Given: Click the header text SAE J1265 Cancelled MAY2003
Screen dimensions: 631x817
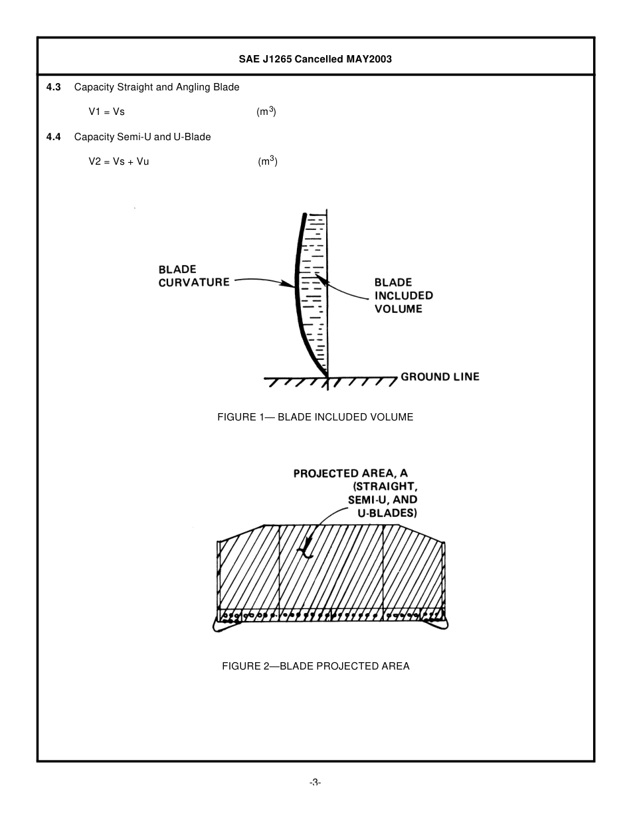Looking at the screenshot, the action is pyautogui.click(x=315, y=59).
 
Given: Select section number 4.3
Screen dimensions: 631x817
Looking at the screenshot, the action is pyautogui.click(x=54, y=87).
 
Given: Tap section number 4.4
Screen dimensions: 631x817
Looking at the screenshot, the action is pyautogui.click(x=54, y=137).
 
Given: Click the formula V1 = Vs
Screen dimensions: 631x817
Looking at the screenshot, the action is pyautogui.click(x=107, y=112).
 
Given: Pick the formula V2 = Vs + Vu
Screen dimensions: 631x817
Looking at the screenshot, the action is pyautogui.click(x=119, y=161).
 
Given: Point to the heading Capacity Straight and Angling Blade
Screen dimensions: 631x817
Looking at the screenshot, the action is pyautogui.click(x=157, y=87).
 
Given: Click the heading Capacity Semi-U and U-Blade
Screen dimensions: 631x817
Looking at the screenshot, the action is pyautogui.click(x=142, y=137).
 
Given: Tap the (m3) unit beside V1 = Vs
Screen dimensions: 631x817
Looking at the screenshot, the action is pyautogui.click(x=266, y=112).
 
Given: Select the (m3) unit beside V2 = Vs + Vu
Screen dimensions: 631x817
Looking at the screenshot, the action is pyautogui.click(x=268, y=161).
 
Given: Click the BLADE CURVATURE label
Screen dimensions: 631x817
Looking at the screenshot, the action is pyautogui.click(x=194, y=276).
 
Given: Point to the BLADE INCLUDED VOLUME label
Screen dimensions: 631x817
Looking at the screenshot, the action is pyautogui.click(x=403, y=296).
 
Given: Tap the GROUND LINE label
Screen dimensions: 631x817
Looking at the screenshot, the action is pyautogui.click(x=440, y=377).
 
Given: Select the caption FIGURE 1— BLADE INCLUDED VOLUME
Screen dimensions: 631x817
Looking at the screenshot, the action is pyautogui.click(x=315, y=417).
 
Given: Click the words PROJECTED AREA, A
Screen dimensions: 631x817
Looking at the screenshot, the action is pyautogui.click(x=351, y=474).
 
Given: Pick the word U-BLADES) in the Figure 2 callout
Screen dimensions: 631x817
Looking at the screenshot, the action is pyautogui.click(x=385, y=513).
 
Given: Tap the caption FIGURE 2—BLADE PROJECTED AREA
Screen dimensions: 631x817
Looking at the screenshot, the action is pyautogui.click(x=315, y=666).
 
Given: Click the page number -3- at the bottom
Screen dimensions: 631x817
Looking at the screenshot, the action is pyautogui.click(x=315, y=782).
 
